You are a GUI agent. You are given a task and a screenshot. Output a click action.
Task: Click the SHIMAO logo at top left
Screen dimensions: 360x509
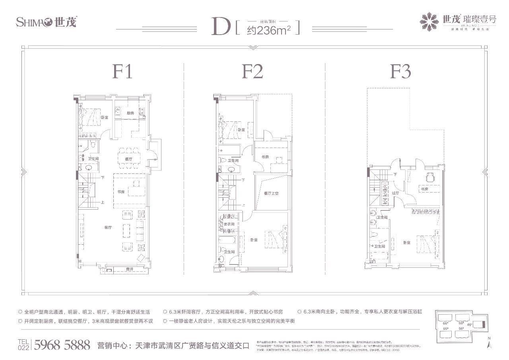(x=46, y=22)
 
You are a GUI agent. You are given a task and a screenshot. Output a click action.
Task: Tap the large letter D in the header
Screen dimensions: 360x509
(x=220, y=27)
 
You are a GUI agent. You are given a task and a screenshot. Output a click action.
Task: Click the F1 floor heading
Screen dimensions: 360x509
(x=122, y=73)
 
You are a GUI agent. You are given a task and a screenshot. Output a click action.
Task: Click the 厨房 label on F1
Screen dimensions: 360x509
(x=130, y=113)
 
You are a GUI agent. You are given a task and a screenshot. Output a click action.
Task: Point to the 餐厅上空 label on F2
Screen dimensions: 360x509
(x=271, y=193)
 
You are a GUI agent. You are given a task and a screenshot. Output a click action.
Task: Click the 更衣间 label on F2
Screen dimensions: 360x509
(x=228, y=224)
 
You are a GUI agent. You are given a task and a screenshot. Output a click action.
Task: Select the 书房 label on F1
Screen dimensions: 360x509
(x=121, y=192)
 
